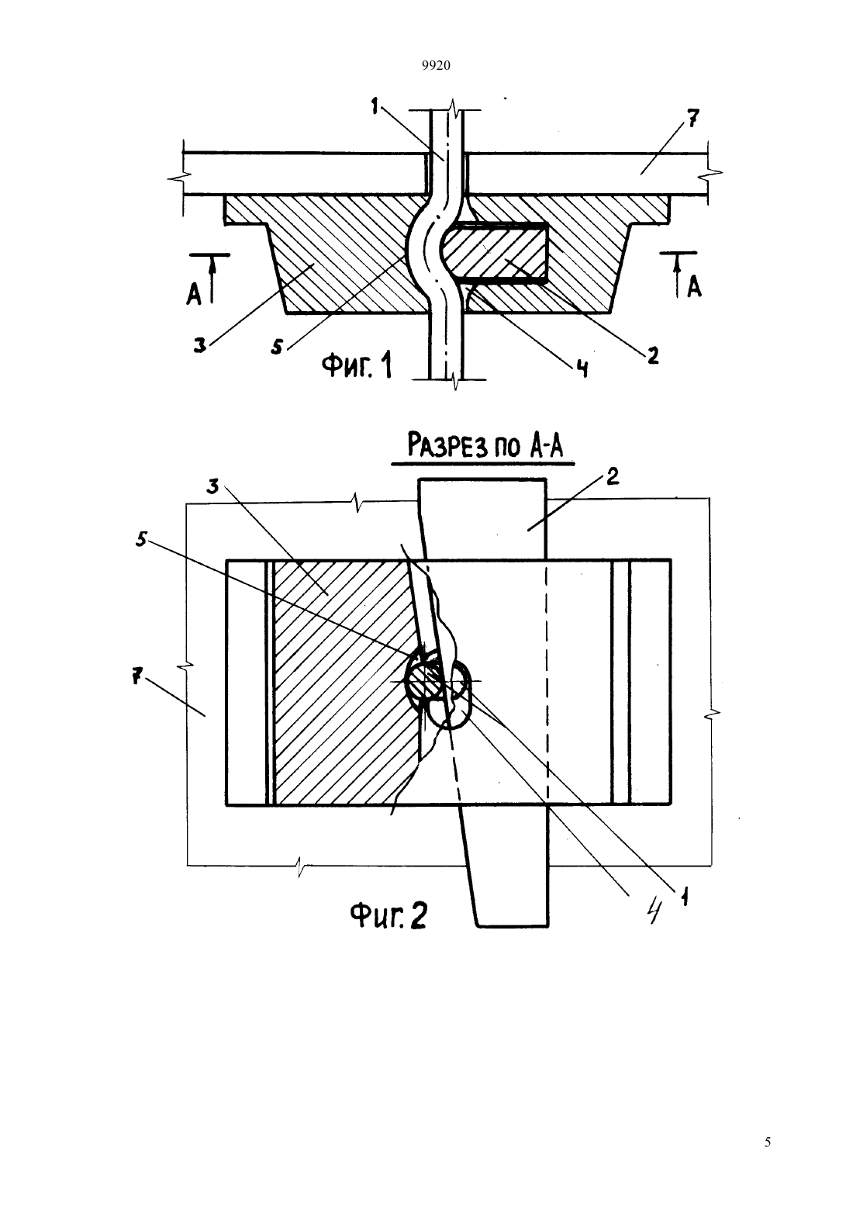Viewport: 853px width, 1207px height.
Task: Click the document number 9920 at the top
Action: pyautogui.click(x=436, y=66)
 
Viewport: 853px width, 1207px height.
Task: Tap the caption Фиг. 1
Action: pyautogui.click(x=357, y=365)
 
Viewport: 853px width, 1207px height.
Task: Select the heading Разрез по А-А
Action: pyautogui.click(x=484, y=447)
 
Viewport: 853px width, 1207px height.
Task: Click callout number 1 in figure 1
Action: pyautogui.click(x=375, y=105)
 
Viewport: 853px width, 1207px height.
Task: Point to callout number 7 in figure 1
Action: pyautogui.click(x=692, y=117)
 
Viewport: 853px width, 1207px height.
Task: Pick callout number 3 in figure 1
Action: pyautogui.click(x=200, y=345)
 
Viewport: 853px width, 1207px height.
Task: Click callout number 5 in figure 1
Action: pyautogui.click(x=276, y=347)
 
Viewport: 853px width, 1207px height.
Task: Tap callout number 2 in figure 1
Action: pyautogui.click(x=653, y=355)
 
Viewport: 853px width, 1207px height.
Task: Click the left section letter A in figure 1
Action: pyautogui.click(x=193, y=294)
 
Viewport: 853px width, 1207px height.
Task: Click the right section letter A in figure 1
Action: pyautogui.click(x=695, y=287)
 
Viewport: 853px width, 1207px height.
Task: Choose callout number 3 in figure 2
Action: pyautogui.click(x=214, y=487)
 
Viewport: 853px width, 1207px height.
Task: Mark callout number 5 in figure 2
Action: pyautogui.click(x=141, y=540)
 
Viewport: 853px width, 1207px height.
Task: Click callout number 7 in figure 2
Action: pyautogui.click(x=138, y=675)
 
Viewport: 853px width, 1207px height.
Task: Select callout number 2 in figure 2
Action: pyautogui.click(x=613, y=477)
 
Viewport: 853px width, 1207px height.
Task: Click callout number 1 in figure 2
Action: pyautogui.click(x=685, y=897)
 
